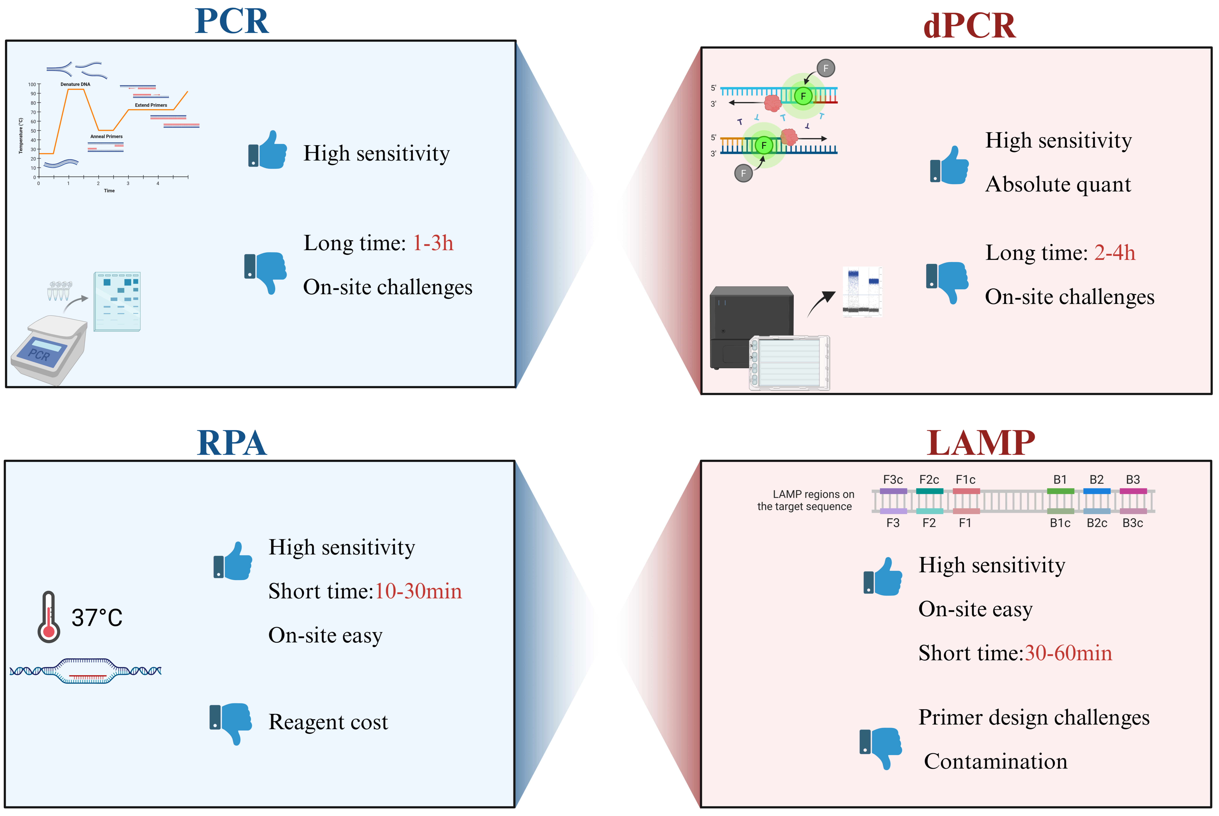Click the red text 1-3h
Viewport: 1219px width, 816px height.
click(433, 243)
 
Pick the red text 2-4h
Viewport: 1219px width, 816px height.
click(1114, 253)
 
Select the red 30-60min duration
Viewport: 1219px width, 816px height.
click(1068, 653)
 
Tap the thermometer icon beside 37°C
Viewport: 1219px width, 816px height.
click(49, 617)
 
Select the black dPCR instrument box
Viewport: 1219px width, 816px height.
click(752, 328)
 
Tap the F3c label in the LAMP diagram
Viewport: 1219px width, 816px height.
click(893, 479)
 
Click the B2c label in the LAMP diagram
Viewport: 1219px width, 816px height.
click(1097, 523)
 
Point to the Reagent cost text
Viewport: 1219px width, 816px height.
click(328, 722)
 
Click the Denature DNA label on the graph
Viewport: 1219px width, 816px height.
click(75, 84)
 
